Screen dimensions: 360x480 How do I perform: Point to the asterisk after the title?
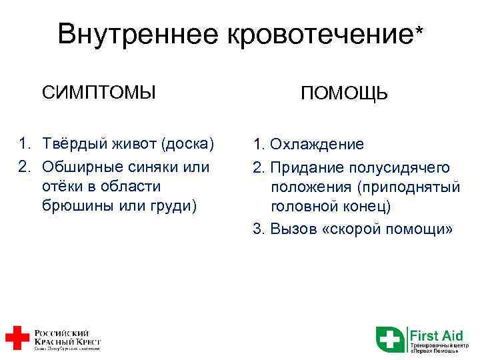click(419, 31)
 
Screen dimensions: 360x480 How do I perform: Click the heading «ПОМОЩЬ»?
click(343, 94)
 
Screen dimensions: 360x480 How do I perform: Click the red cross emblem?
click(16, 338)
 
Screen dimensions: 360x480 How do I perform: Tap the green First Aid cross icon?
click(390, 339)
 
